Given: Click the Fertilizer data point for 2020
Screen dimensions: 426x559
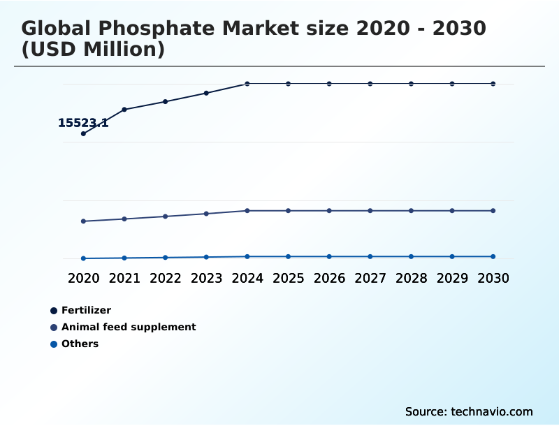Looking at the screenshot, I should coord(83,133).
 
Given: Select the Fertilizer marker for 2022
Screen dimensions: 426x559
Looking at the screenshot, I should coord(166,102).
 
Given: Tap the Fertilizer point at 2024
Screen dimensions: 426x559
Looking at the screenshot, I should coord(247,84).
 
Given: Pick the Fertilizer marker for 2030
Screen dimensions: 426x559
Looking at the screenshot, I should coord(493,84).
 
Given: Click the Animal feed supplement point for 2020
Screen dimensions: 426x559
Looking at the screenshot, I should coord(83,221).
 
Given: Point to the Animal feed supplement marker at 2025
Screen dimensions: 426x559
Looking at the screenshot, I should coord(288,211).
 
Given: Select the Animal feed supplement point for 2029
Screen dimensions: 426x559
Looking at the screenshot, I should coord(452,211).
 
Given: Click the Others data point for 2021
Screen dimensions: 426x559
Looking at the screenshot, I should coord(124,258).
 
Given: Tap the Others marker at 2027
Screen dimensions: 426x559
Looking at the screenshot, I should coord(370,256).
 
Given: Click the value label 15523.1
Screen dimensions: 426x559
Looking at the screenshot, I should coord(83,123).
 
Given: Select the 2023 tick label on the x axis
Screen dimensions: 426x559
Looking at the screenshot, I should coord(206,278).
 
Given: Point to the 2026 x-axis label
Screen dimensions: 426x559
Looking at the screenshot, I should coord(329,278).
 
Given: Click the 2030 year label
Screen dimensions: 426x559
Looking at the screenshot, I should coord(493,278).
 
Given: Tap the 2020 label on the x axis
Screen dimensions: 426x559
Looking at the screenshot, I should coord(83,278).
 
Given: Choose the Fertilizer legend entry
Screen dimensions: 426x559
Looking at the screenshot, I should coord(85,310).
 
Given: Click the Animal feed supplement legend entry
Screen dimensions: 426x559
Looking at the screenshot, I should coord(128,327).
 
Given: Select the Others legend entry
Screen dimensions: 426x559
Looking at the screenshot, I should coord(79,344).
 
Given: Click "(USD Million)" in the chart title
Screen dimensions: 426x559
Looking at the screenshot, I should coord(93,50).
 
